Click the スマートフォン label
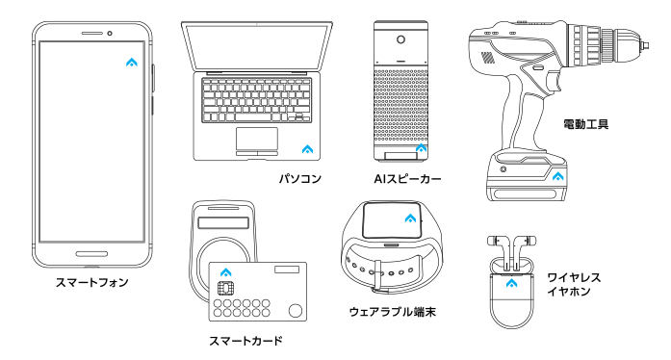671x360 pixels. click(92, 283)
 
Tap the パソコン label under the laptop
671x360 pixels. click(300, 178)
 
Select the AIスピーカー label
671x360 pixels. click(407, 178)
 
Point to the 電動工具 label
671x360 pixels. click(585, 124)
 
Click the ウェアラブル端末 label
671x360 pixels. click(393, 312)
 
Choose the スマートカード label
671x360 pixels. click(245, 341)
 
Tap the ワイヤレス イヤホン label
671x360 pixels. click(574, 284)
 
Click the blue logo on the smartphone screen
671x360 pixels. click(132, 63)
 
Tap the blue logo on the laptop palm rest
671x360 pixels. click(307, 149)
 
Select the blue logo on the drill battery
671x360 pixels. click(557, 176)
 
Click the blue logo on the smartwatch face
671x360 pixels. click(410, 219)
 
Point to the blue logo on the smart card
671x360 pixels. click(226, 272)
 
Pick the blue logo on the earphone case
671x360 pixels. click(511, 283)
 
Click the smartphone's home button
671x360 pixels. click(91, 254)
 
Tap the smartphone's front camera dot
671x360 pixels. click(110, 34)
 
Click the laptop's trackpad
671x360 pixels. click(257, 139)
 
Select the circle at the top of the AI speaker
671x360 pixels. click(401, 39)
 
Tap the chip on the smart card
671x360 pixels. click(222, 288)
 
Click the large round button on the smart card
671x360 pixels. click(296, 310)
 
